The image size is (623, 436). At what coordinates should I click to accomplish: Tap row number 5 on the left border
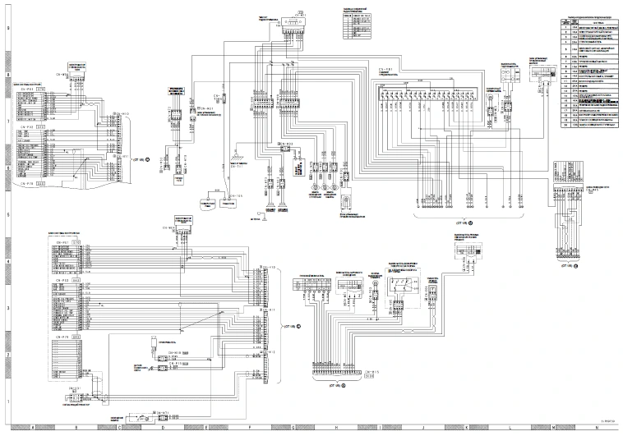(8, 215)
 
